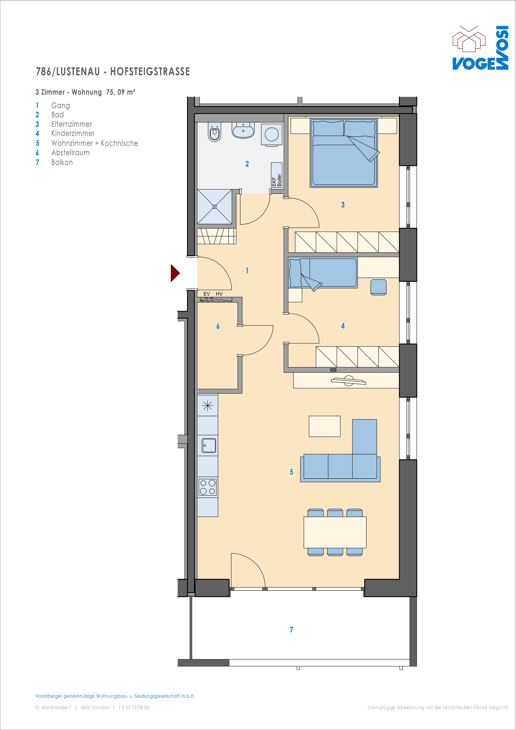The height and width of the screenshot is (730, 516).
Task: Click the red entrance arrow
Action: (175, 273)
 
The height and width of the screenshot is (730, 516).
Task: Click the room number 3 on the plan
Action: (343, 205)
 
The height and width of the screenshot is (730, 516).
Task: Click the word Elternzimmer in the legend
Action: (72, 124)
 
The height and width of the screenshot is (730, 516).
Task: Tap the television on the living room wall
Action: (348, 381)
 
